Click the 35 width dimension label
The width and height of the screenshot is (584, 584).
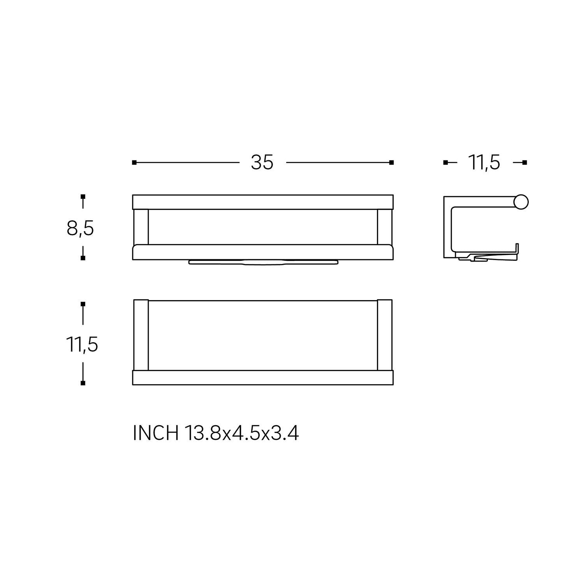(x=262, y=162)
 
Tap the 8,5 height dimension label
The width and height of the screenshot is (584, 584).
(x=80, y=228)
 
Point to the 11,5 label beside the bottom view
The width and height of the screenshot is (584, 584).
(x=82, y=344)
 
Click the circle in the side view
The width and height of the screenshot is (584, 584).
(x=521, y=202)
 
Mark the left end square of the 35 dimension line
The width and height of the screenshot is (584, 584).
(x=134, y=162)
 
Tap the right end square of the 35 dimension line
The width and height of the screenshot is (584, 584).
(x=392, y=162)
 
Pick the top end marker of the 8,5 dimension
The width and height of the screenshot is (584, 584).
(x=83, y=197)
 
